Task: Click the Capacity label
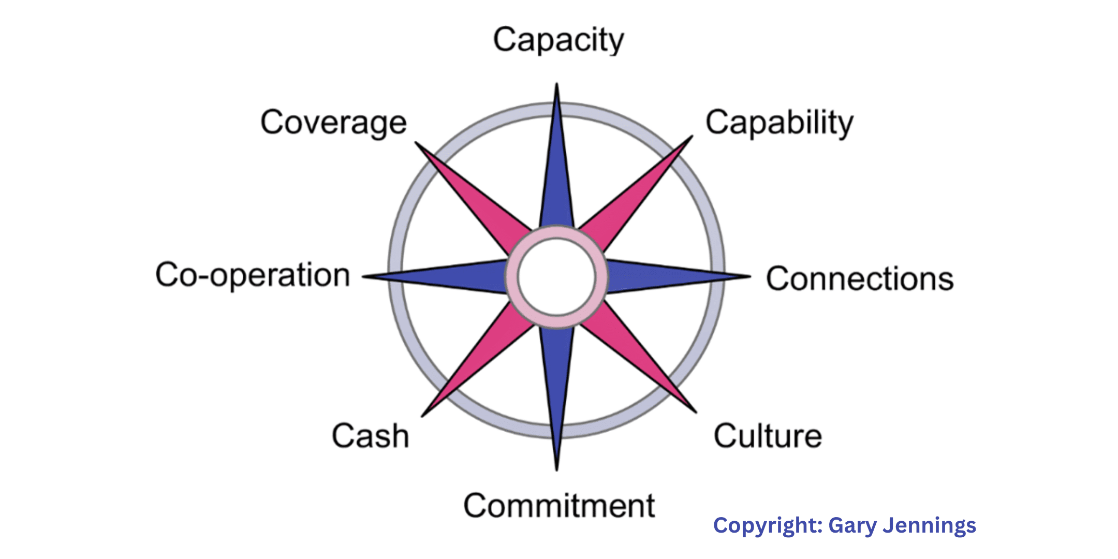pyautogui.click(x=558, y=40)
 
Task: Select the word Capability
pyautogui.click(x=779, y=123)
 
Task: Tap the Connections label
pyautogui.click(x=860, y=279)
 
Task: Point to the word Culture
pyautogui.click(x=768, y=436)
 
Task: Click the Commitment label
pyautogui.click(x=559, y=506)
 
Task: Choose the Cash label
pyautogui.click(x=370, y=436)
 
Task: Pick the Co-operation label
pyautogui.click(x=253, y=275)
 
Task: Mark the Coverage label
pyautogui.click(x=333, y=123)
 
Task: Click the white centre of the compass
pyautogui.click(x=557, y=277)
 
